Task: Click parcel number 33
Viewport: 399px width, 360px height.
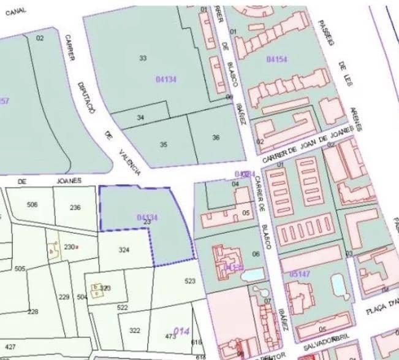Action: pos(143,58)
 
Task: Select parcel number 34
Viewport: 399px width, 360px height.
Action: pos(140,117)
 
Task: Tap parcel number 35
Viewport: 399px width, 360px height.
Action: pos(163,145)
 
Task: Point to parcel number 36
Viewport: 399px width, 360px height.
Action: pos(216,137)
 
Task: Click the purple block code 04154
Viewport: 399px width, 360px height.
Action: pos(277,59)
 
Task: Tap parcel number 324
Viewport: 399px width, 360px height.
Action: pos(124,250)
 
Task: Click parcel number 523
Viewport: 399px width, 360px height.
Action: pos(190,281)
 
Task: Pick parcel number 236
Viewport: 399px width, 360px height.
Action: pos(75,208)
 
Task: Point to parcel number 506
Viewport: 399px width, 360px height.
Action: pos(32,205)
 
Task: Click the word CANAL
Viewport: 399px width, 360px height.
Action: pos(17,10)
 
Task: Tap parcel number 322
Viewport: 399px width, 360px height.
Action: pos(134,331)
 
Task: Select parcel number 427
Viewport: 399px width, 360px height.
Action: pos(10,347)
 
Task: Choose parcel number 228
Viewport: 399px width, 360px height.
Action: pos(32,312)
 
